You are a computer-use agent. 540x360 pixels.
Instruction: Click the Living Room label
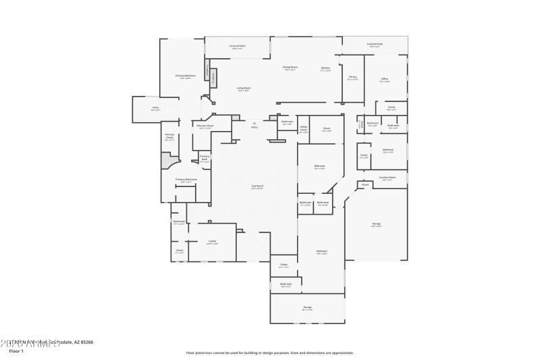[x=244, y=89]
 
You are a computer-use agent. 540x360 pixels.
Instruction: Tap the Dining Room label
[x=290, y=68]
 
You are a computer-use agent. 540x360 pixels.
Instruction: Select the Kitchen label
[x=325, y=68]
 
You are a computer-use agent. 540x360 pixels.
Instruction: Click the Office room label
[x=384, y=80]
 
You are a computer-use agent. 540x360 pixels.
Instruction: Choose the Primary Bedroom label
[x=186, y=76]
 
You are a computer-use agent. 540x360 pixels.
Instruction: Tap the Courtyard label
[x=257, y=186]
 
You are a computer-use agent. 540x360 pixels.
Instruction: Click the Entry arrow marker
[x=254, y=124]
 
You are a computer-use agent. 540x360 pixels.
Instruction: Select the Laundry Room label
[x=388, y=178]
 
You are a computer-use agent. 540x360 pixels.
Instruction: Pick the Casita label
[x=212, y=242]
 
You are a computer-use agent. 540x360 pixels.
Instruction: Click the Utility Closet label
[x=304, y=128]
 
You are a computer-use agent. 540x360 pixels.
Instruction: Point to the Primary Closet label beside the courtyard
[x=205, y=126]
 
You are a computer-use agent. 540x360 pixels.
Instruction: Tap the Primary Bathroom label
[x=186, y=180]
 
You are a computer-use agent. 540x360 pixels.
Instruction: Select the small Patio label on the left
[x=155, y=108]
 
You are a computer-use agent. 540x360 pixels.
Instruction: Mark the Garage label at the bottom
[x=307, y=307]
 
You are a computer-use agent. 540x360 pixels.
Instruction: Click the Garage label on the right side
[x=376, y=224]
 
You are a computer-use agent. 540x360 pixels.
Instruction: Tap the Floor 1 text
[x=16, y=351]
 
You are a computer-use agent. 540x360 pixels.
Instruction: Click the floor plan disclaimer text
[x=269, y=353]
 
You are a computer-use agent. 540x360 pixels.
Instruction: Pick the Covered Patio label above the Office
[x=375, y=45]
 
